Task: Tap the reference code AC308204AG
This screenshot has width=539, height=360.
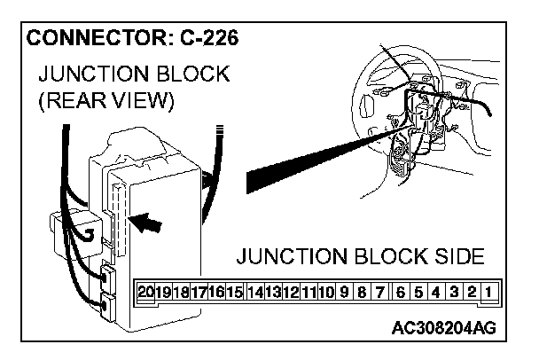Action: pyautogui.click(x=443, y=329)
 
